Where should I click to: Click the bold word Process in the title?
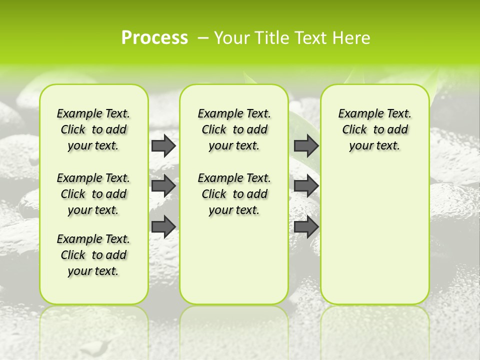tap(154, 37)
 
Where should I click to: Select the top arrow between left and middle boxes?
tap(163, 145)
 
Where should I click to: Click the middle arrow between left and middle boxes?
tap(163, 186)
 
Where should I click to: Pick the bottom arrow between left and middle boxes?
tap(163, 226)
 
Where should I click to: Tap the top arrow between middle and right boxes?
tap(306, 145)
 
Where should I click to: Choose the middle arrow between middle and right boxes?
tap(306, 186)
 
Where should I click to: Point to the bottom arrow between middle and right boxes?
tap(306, 226)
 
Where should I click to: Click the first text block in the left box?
tap(93, 129)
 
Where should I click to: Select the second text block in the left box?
tap(93, 194)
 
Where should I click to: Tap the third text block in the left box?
tap(93, 255)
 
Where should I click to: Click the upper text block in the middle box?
tap(234, 129)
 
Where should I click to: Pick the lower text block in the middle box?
tap(234, 194)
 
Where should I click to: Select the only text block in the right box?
tap(374, 129)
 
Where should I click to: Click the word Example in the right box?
tap(357, 114)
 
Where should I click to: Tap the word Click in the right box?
tap(354, 130)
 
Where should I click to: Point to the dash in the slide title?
tap(203, 38)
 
